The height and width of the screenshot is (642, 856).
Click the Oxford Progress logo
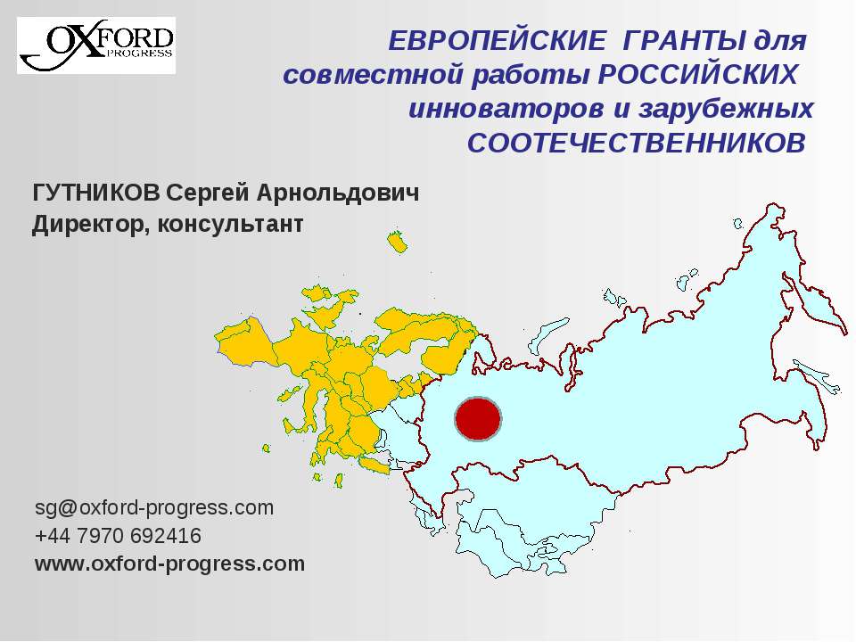click(x=97, y=45)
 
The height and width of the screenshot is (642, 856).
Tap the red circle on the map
click(x=478, y=419)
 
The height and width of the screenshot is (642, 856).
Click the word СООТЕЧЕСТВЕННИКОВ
click(x=636, y=143)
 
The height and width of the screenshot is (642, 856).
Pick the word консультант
click(x=230, y=224)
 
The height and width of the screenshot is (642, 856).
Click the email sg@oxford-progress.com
click(x=153, y=508)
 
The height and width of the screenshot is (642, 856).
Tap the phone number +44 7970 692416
click(x=118, y=536)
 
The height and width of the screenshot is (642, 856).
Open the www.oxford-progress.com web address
click(x=169, y=564)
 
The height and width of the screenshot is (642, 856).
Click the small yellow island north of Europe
click(x=396, y=243)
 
